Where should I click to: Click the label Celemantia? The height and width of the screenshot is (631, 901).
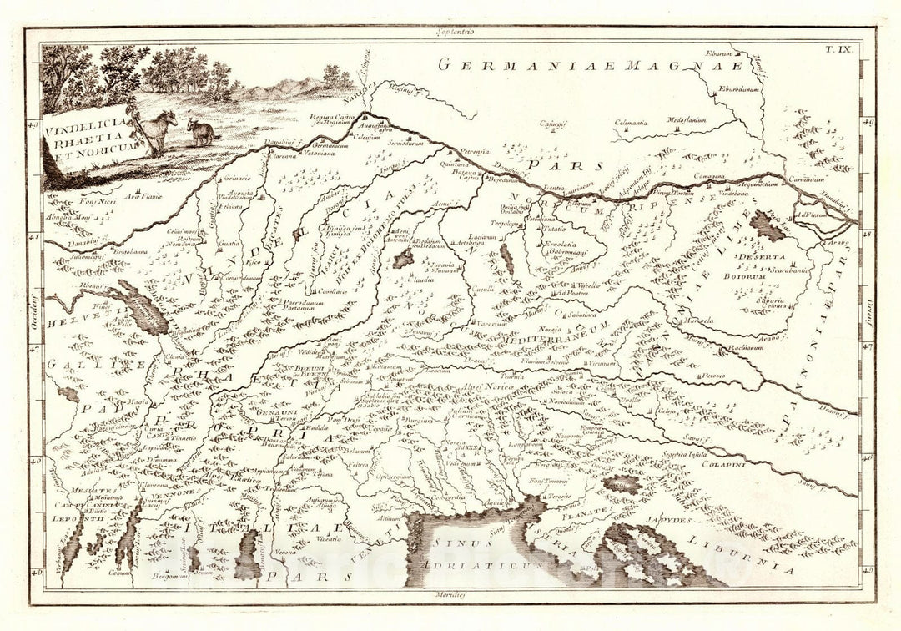[x=631, y=123]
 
